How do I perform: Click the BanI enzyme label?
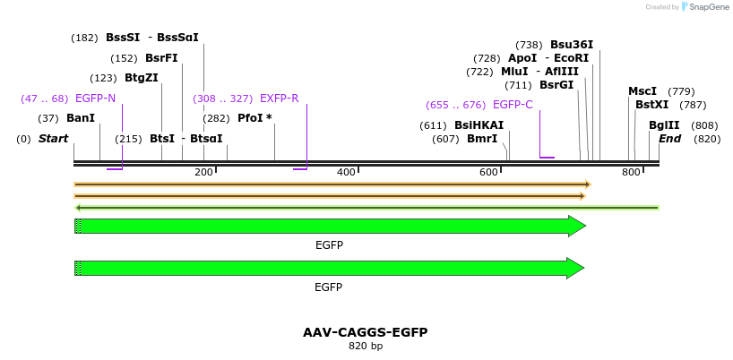tap(81, 118)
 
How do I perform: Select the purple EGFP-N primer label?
tap(95, 99)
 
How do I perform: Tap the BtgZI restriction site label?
tap(142, 78)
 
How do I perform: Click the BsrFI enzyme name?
tap(161, 58)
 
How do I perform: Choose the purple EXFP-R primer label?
tap(279, 99)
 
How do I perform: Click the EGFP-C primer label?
tap(513, 105)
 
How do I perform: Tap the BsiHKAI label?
tap(479, 125)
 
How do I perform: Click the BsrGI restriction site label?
tap(556, 85)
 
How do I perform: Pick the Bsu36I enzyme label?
tap(572, 45)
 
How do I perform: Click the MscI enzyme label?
tap(642, 91)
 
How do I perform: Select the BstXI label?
tap(651, 105)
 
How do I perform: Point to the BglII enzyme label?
tap(664, 125)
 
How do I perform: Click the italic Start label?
tap(54, 139)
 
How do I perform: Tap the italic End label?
tap(670, 139)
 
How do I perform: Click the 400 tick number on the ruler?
tap(346, 172)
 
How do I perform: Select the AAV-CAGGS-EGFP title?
tap(366, 332)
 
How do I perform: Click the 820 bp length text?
tap(366, 346)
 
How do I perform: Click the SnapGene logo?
tap(705, 7)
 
